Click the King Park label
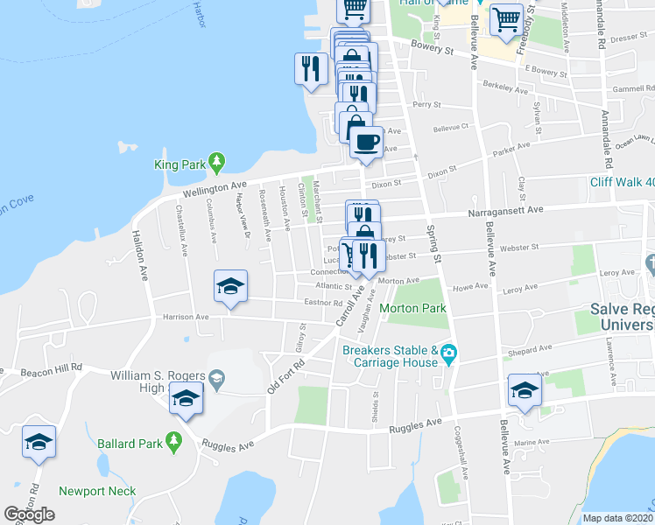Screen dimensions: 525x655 (179, 164)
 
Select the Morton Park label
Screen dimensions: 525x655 (412, 308)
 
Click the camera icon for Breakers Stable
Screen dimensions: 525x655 (449, 354)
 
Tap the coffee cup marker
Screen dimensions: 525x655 (365, 140)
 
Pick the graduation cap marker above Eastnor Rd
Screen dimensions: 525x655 (231, 286)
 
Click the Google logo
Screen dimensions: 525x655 (29, 514)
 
